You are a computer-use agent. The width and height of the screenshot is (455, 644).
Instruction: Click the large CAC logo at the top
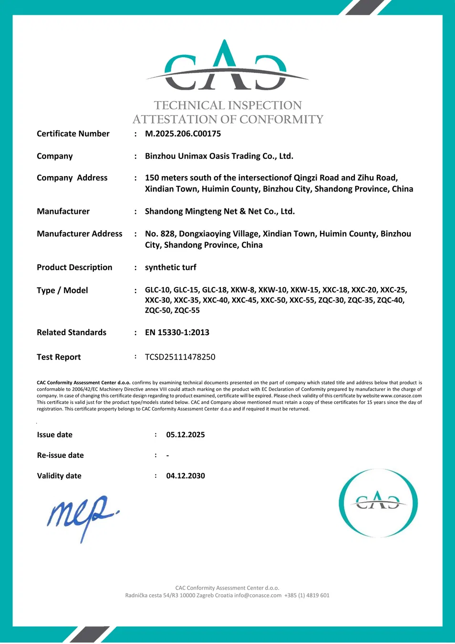[227, 67]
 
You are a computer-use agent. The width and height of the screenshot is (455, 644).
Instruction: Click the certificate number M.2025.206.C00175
[183, 134]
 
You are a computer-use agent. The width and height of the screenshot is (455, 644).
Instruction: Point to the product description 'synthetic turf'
[170, 267]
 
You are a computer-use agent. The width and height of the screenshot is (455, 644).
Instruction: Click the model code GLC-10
[157, 290]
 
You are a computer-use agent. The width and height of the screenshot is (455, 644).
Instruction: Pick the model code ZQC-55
[187, 310]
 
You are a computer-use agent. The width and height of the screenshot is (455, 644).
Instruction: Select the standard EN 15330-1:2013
[177, 332]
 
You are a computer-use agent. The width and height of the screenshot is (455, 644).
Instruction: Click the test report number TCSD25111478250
[180, 357]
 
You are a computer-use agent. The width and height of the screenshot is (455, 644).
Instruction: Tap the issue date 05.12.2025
[185, 435]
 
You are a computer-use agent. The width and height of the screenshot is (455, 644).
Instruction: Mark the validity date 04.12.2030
[185, 476]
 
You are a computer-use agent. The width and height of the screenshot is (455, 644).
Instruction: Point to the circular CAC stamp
[378, 503]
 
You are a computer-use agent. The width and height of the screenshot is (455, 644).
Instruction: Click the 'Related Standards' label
[72, 332]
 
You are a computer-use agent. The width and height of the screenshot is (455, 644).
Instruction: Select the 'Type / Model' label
[62, 290]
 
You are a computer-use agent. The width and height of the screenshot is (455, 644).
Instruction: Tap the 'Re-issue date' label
[60, 455]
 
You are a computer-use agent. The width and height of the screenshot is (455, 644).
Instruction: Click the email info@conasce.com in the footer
[258, 595]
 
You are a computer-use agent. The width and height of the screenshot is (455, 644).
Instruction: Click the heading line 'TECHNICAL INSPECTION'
[227, 106]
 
